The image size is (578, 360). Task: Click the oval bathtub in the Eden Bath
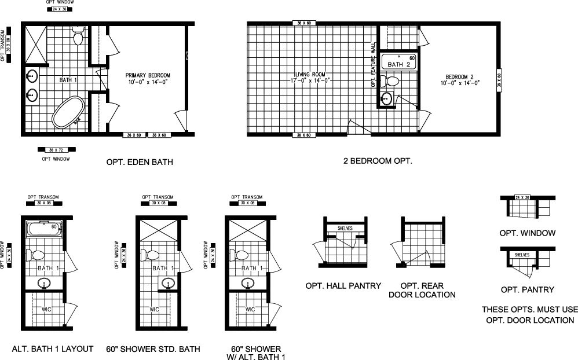pyautogui.click(x=66, y=113)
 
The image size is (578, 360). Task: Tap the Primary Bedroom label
pyautogui.click(x=148, y=79)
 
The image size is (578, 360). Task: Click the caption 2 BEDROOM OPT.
pyautogui.click(x=378, y=161)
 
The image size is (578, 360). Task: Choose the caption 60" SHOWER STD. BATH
pyautogui.click(x=153, y=349)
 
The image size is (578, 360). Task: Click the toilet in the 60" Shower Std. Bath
pyautogui.click(x=153, y=255)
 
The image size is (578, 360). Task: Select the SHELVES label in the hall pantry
pyautogui.click(x=345, y=228)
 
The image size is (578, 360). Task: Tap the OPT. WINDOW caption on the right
pyautogui.click(x=527, y=233)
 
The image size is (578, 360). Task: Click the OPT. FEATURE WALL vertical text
pyautogui.click(x=374, y=65)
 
